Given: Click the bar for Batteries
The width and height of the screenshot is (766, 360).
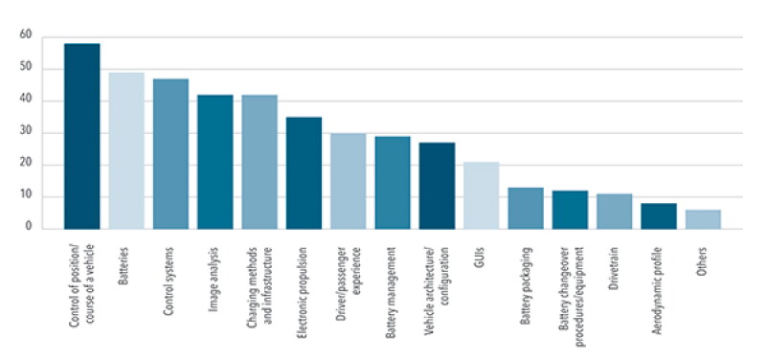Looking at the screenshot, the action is tap(126, 151).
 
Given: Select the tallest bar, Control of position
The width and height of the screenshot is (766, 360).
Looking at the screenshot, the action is tap(82, 136).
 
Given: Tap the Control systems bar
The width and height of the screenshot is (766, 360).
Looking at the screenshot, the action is tap(171, 154).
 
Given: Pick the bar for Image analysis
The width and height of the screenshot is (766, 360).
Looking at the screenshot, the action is tap(215, 162).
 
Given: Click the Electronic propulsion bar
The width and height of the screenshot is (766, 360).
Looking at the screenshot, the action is tap(304, 173).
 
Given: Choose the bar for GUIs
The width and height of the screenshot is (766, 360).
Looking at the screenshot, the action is tap(482, 195).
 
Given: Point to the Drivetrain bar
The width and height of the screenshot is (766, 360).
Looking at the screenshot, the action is tap(615, 212).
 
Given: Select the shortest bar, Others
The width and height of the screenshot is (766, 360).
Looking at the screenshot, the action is tap(704, 219).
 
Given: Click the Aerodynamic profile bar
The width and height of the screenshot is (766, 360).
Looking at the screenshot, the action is tap(659, 216).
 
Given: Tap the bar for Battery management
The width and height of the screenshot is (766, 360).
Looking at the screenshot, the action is tap(393, 183).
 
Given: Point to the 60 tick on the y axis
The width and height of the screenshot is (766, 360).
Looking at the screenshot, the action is tap(26, 35).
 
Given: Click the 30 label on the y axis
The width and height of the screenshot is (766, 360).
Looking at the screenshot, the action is tap(26, 132).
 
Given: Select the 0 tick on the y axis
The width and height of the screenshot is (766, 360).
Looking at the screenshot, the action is tap(29, 227).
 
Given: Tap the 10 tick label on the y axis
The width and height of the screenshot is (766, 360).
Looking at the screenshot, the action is tap(26, 196).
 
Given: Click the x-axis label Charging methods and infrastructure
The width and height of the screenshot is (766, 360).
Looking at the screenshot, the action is tap(259, 286).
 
